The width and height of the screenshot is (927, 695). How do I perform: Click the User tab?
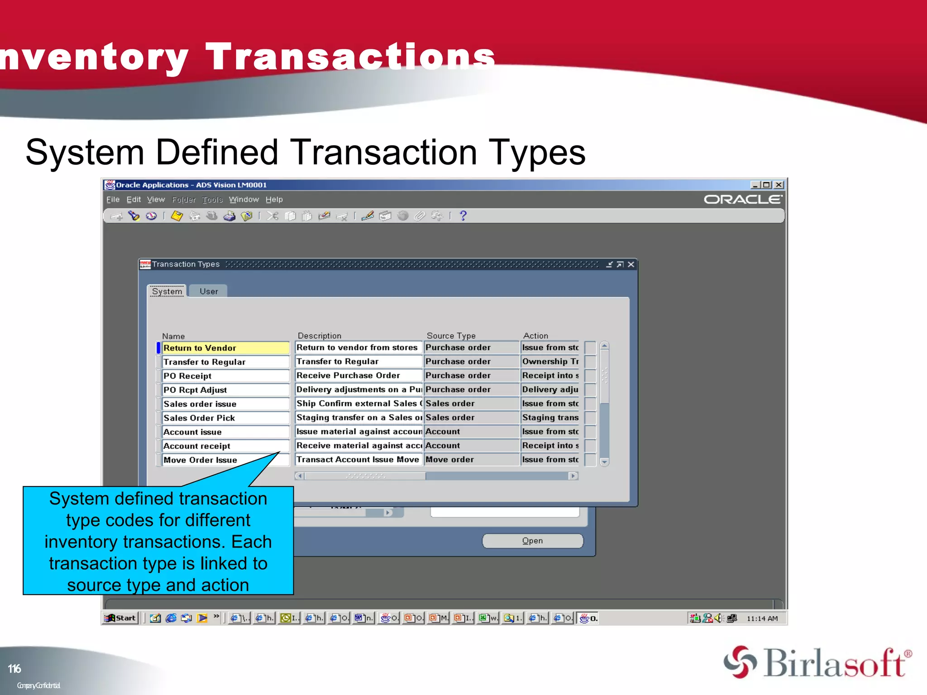tap(209, 291)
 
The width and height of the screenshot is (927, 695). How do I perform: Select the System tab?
tap(167, 291)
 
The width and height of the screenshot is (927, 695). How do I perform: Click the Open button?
tap(532, 541)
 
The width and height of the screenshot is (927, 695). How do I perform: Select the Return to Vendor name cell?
tap(225, 348)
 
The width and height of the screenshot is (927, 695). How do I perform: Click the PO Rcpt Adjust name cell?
tap(225, 390)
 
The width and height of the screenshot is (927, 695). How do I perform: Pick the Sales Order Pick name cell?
tap(225, 418)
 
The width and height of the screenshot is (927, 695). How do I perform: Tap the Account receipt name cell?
tap(225, 446)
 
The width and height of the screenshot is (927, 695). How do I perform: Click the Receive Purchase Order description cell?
tap(358, 376)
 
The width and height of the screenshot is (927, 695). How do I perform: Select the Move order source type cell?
tap(471, 460)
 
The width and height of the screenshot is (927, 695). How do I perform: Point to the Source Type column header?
tap(451, 336)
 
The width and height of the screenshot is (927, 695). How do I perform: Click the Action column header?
tap(535, 336)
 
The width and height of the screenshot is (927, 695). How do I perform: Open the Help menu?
tap(274, 200)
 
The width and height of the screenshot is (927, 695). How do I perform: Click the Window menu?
tap(244, 200)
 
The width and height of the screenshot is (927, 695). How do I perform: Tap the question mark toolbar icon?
tap(463, 216)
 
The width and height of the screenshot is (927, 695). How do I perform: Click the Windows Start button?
tap(120, 618)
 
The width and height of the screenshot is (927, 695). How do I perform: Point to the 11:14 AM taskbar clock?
tap(762, 619)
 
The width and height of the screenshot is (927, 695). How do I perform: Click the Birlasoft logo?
tap(817, 663)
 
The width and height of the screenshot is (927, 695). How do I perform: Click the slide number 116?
tap(14, 669)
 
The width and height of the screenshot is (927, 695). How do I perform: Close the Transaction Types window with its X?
tap(631, 264)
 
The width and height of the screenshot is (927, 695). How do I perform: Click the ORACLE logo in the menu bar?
tap(742, 200)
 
